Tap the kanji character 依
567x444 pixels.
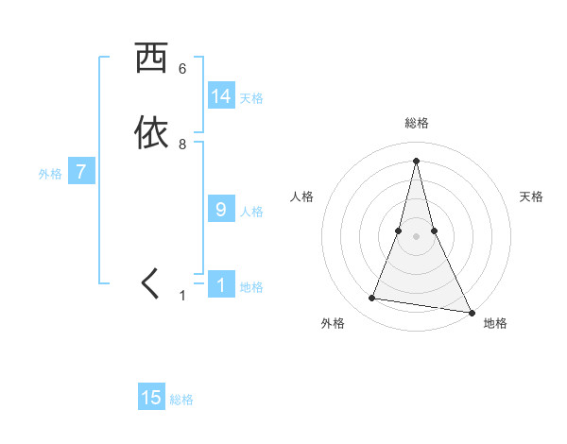(151, 132)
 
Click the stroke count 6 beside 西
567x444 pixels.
(182, 69)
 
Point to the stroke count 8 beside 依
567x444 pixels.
(182, 145)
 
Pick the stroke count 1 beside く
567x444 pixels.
(182, 296)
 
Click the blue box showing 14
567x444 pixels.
(221, 95)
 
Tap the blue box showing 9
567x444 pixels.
(221, 209)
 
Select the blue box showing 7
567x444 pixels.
(82, 172)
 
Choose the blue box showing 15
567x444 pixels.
(151, 398)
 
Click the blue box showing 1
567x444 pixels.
(221, 284)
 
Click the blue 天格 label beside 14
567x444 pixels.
(251, 98)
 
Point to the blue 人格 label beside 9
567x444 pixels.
(251, 212)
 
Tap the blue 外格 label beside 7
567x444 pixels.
(50, 174)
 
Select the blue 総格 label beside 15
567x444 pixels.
(181, 401)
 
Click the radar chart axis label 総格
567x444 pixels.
(417, 123)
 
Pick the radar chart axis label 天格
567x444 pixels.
(531, 196)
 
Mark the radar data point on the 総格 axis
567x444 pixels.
(416, 160)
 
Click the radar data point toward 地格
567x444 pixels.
(471, 312)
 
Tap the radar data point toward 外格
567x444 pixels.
(372, 299)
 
